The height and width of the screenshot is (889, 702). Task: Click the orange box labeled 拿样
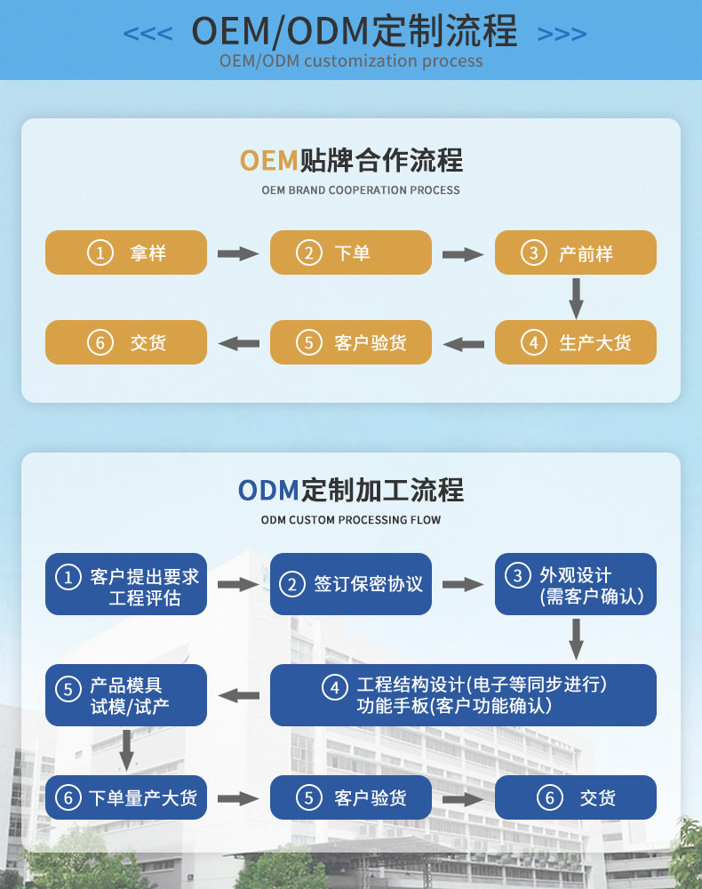pyautogui.click(x=126, y=252)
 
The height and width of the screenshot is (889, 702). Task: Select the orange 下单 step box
pyautogui.click(x=351, y=252)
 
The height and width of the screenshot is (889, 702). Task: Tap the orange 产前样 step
pyautogui.click(x=576, y=252)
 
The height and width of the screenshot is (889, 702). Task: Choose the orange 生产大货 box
pyautogui.click(x=576, y=342)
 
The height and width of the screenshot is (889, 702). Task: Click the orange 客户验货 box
pyautogui.click(x=351, y=342)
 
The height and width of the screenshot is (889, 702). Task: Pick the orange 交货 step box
pyautogui.click(x=126, y=342)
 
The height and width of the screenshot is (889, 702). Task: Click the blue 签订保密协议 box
pyautogui.click(x=351, y=584)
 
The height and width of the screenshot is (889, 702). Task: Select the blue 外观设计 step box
pyautogui.click(x=576, y=584)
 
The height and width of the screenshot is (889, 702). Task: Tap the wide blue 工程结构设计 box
pyautogui.click(x=464, y=695)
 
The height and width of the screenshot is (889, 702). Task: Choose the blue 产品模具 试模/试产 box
pyautogui.click(x=126, y=695)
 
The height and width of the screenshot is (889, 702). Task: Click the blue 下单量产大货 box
pyautogui.click(x=126, y=797)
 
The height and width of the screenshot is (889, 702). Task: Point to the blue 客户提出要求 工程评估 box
pyautogui.click(x=126, y=584)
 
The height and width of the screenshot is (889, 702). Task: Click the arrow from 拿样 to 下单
pyautogui.click(x=238, y=253)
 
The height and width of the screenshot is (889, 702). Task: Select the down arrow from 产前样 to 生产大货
pyautogui.click(x=576, y=298)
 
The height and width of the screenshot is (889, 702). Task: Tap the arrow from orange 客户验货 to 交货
pyautogui.click(x=238, y=343)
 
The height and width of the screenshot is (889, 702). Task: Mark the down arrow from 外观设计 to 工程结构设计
pyautogui.click(x=576, y=639)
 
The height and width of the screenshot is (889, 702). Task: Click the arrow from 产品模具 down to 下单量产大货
pyautogui.click(x=126, y=750)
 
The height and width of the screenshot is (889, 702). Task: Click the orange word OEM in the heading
pyautogui.click(x=268, y=160)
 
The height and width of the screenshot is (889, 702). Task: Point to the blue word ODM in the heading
pyautogui.click(x=268, y=491)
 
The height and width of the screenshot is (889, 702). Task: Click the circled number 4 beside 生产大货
pyautogui.click(x=534, y=342)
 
